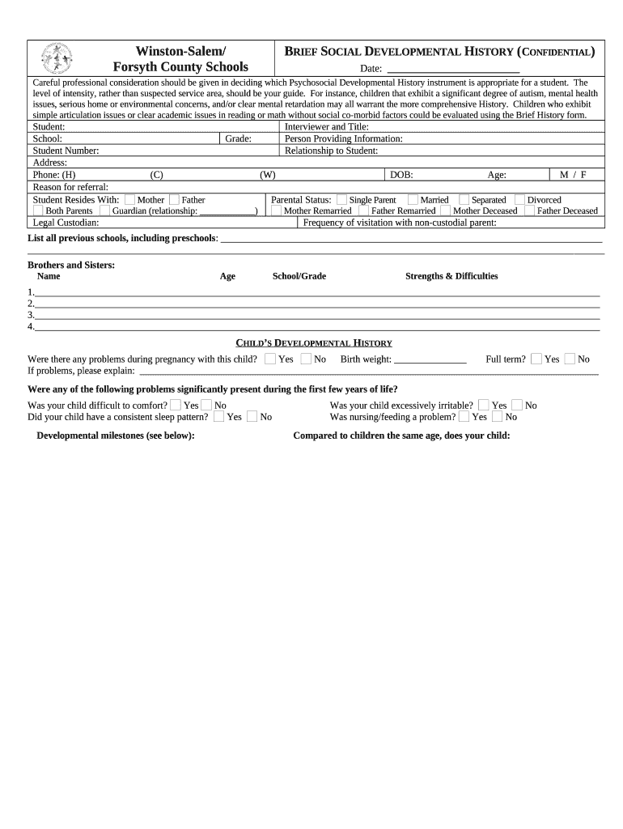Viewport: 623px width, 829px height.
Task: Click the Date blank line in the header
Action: pyautogui.click(x=454, y=69)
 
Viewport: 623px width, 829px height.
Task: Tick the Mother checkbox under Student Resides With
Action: pyautogui.click(x=129, y=200)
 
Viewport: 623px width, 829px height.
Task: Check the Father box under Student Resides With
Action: pyautogui.click(x=174, y=200)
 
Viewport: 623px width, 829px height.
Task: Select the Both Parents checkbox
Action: pyautogui.click(x=38, y=210)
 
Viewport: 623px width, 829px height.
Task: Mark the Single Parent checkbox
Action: pyautogui.click(x=341, y=200)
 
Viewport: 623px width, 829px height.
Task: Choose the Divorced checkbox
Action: pyautogui.click(x=520, y=200)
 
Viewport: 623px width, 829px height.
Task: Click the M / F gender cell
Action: pyautogui.click(x=573, y=175)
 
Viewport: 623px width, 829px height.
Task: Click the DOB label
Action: pyautogui.click(x=401, y=175)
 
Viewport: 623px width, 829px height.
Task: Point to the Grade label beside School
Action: pyautogui.click(x=238, y=139)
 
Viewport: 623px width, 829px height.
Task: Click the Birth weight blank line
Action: pyautogui.click(x=430, y=359)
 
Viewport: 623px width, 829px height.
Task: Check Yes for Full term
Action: pyautogui.click(x=536, y=359)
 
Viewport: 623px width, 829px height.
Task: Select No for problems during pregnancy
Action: pyautogui.click(x=306, y=359)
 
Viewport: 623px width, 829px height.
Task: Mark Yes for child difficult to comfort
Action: pyautogui.click(x=176, y=405)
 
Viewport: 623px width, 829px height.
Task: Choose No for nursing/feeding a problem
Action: pyautogui.click(x=498, y=417)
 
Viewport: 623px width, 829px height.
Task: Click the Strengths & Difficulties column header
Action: pyautogui.click(x=451, y=276)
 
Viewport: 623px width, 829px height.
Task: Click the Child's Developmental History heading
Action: pyautogui.click(x=313, y=343)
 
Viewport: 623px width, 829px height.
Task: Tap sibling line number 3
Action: pyautogui.click(x=316, y=315)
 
